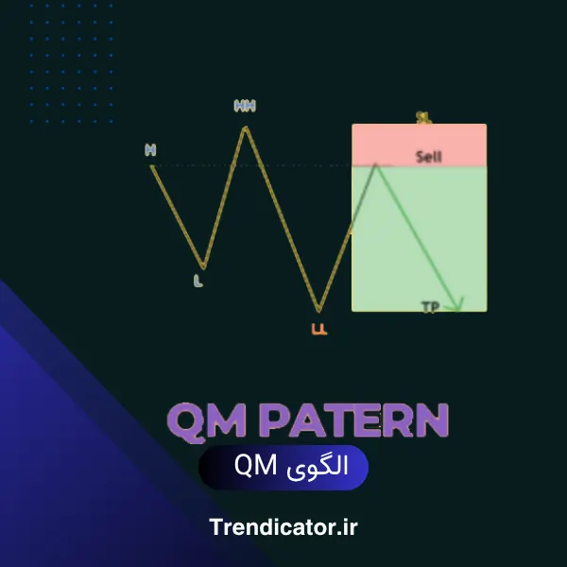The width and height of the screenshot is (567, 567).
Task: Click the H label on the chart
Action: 150,149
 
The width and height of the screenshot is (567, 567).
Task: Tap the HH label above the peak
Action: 245,106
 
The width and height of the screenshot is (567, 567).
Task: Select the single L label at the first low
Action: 198,281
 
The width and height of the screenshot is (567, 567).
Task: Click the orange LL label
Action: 318,329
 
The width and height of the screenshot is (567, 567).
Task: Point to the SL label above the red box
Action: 423,118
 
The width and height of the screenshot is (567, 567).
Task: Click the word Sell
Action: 428,157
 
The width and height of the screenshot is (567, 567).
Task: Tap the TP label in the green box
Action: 430,306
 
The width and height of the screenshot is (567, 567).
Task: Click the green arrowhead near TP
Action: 457,304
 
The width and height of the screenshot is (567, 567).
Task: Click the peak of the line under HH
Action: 246,127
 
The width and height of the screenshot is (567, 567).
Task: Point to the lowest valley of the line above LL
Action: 319,310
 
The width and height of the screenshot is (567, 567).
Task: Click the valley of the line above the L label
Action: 202,266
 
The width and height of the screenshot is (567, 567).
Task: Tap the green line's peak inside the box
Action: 376,164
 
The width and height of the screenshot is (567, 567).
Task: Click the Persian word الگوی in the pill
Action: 317,466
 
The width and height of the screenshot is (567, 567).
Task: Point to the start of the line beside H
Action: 152,166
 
